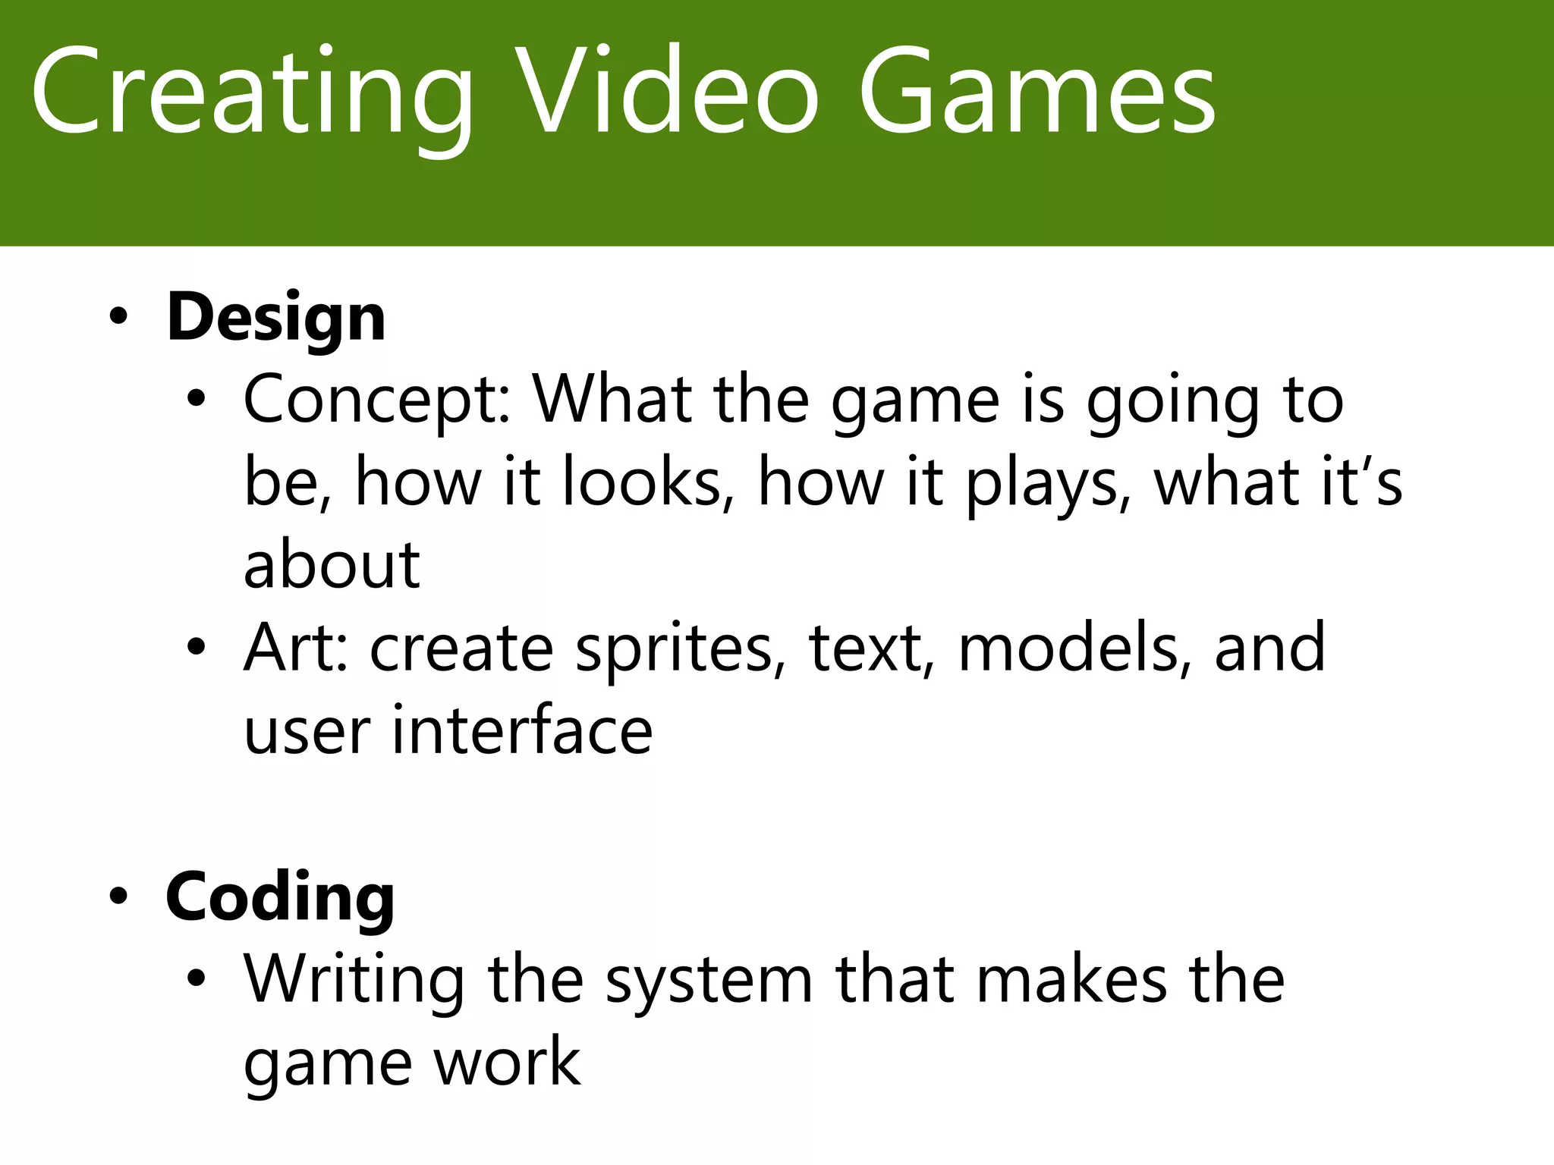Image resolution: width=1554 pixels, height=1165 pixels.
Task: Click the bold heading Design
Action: pos(276,317)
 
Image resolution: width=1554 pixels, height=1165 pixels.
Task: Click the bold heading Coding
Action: pos(280,897)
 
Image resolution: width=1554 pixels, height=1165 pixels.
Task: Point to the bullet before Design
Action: pos(118,317)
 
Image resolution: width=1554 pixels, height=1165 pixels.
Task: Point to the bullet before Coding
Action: pos(118,897)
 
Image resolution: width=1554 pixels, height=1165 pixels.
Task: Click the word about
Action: pos(332,566)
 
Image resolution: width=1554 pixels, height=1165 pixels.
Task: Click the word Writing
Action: pos(354,980)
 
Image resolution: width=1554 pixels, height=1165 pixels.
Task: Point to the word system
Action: pos(709,982)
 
